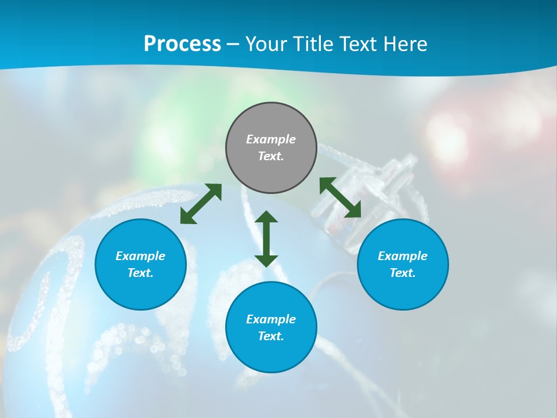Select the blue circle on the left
pyautogui.click(x=140, y=264)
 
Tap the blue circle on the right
pyautogui.click(x=403, y=264)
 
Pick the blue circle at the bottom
pyautogui.click(x=271, y=327)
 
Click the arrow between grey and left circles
pyautogui.click(x=201, y=204)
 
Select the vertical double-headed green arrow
pyautogui.click(x=266, y=239)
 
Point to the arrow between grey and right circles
pyautogui.click(x=341, y=197)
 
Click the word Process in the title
pyautogui.click(x=182, y=44)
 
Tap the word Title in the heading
pyautogui.click(x=314, y=44)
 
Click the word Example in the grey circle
pyautogui.click(x=271, y=139)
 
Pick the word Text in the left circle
pyautogui.click(x=140, y=273)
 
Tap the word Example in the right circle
pyautogui.click(x=403, y=256)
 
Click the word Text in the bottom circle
pyautogui.click(x=270, y=336)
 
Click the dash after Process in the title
pyautogui.click(x=233, y=44)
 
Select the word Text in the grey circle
pyautogui.click(x=270, y=156)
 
